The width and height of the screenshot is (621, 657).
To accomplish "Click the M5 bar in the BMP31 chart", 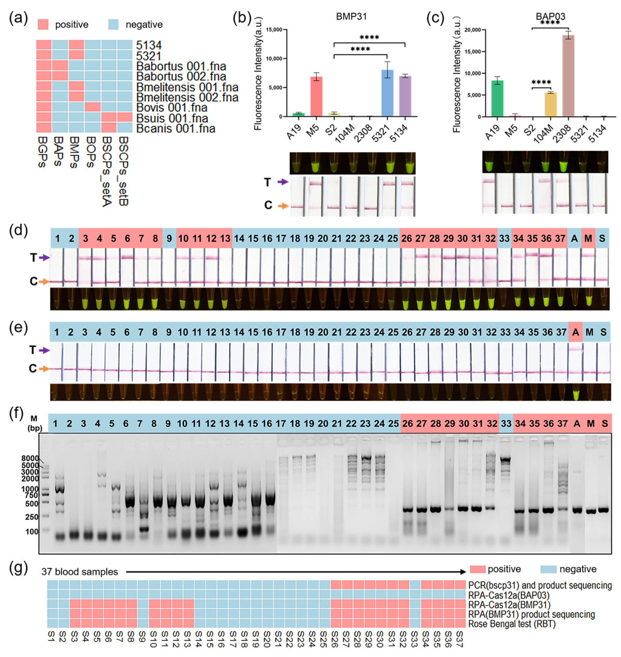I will pyautogui.click(x=316, y=96).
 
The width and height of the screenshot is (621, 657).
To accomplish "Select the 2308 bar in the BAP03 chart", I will pyautogui.click(x=568, y=76).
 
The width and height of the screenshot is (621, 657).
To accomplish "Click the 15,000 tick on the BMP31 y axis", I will pyautogui.click(x=274, y=30).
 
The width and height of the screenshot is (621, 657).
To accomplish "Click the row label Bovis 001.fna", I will pyautogui.click(x=172, y=108).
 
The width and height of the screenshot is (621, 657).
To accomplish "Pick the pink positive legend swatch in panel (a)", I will pyautogui.click(x=43, y=24).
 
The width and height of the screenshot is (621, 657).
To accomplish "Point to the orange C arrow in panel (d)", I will pyautogui.click(x=44, y=282).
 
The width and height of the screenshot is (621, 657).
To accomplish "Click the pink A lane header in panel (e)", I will pyautogui.click(x=575, y=332).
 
